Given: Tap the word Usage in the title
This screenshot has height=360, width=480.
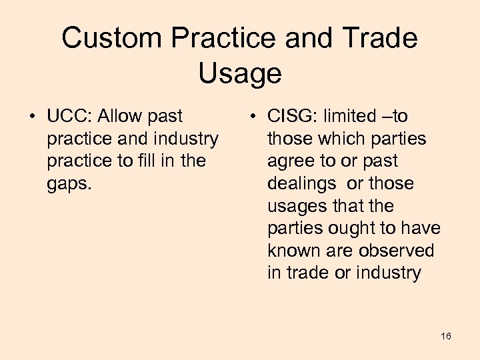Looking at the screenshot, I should (x=239, y=73).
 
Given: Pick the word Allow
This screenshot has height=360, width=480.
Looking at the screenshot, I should (x=120, y=117).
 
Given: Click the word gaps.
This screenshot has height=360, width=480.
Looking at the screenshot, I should (x=68, y=184).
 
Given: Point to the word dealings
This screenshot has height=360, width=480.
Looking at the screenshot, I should (x=302, y=184).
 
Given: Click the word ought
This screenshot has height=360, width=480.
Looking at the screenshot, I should (x=351, y=229).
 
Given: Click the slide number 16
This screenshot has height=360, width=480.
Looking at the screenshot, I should (x=446, y=335).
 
